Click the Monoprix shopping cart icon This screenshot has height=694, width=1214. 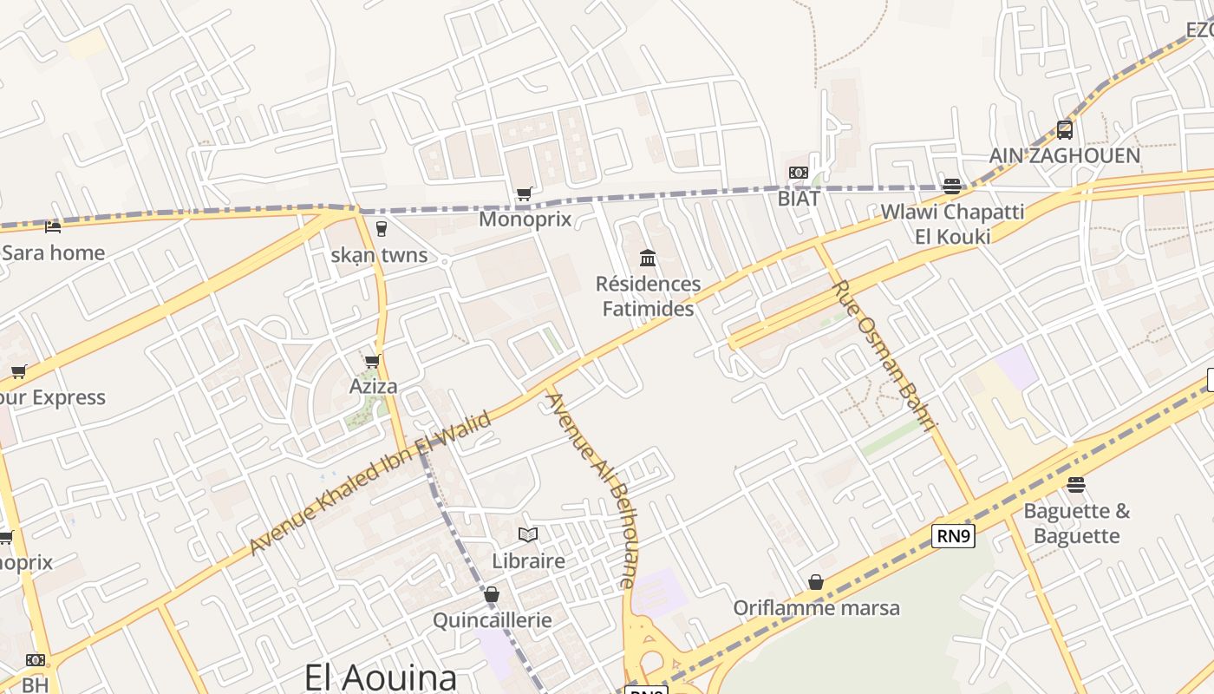tap(524, 193)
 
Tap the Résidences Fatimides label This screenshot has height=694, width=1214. tap(648, 296)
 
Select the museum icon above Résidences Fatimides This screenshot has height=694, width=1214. tap(648, 258)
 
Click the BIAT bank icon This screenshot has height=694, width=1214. tap(799, 173)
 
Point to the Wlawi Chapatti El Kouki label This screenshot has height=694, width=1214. tap(952, 223)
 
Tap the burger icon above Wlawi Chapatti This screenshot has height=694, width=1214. tap(952, 186)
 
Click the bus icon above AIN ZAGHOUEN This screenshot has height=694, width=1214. tap(1065, 130)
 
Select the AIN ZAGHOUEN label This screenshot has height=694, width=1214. tap(1065, 156)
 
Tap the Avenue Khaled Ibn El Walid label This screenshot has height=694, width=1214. tap(370, 482)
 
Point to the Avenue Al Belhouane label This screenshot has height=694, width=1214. tap(591, 490)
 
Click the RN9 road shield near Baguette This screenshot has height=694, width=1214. tap(954, 536)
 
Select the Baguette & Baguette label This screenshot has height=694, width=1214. tap(1077, 523)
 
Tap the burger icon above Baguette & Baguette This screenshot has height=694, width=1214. tap(1077, 484)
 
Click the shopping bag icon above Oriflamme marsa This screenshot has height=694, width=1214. tap(816, 581)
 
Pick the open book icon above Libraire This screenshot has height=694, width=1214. tap(528, 534)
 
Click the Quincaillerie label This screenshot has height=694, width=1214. tap(492, 620)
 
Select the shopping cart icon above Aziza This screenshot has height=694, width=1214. tap(373, 361)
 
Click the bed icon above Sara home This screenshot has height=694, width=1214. tap(53, 227)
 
